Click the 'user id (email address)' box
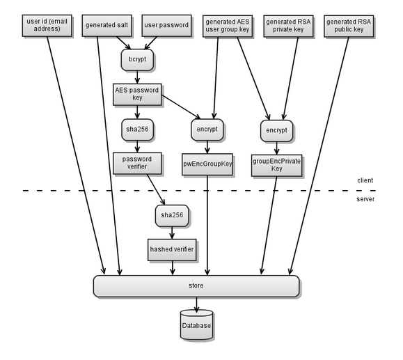click(x=47, y=26)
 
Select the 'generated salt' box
click(x=107, y=26)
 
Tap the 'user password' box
click(x=166, y=26)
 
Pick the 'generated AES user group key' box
click(x=228, y=26)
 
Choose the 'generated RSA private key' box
click(x=288, y=26)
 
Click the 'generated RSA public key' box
click(x=349, y=26)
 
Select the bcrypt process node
click(x=138, y=60)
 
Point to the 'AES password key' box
click(x=137, y=95)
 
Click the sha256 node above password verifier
click(x=138, y=130)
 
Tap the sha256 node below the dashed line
click(x=172, y=215)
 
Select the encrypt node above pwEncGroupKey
click(x=207, y=130)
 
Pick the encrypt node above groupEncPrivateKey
click(x=276, y=131)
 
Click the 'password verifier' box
click(x=137, y=163)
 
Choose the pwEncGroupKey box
click(x=207, y=164)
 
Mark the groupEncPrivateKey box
click(x=276, y=166)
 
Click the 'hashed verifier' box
click(x=172, y=250)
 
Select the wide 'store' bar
click(x=196, y=286)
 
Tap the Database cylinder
click(x=196, y=324)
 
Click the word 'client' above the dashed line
click(x=365, y=180)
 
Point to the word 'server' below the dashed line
click(x=365, y=199)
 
